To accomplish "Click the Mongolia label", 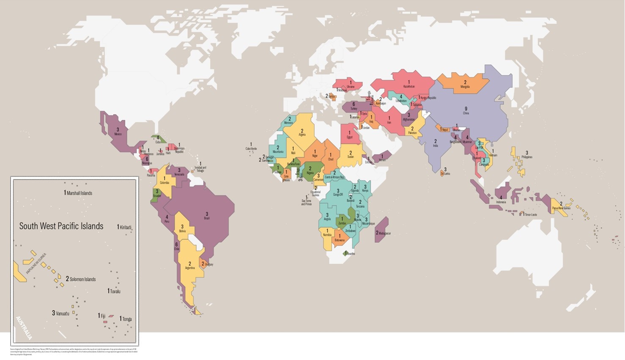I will click(x=465, y=87).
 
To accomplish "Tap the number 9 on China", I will click(x=466, y=109).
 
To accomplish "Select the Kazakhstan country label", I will click(x=408, y=86).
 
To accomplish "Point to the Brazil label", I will click(x=207, y=218).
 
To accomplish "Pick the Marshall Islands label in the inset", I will click(x=79, y=193).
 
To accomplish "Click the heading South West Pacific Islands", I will click(x=61, y=226).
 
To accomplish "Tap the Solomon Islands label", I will click(x=82, y=279).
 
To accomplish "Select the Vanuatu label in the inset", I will click(x=62, y=313).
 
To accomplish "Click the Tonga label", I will click(x=127, y=319).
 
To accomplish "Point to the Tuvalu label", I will click(x=115, y=291).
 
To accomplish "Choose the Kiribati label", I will click(x=125, y=227).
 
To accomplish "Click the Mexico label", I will click(x=118, y=134).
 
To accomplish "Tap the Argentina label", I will click(x=190, y=268).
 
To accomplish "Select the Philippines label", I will click(x=527, y=157).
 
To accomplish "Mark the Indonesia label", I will click(x=501, y=202).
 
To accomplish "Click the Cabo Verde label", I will click(x=251, y=148).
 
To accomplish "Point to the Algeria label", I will click(x=302, y=135).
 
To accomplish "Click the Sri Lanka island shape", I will click(x=442, y=173).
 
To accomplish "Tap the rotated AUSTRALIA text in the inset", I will click(x=24, y=328).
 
